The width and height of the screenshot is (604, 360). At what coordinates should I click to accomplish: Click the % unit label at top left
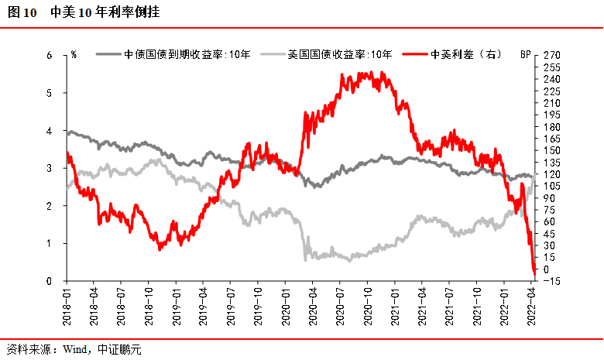(x=74, y=55)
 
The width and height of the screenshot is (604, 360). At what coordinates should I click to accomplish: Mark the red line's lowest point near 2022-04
(x=534, y=273)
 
